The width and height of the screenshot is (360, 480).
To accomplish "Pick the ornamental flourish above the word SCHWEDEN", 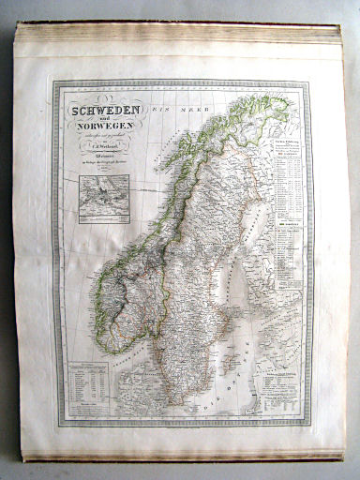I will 103,100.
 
